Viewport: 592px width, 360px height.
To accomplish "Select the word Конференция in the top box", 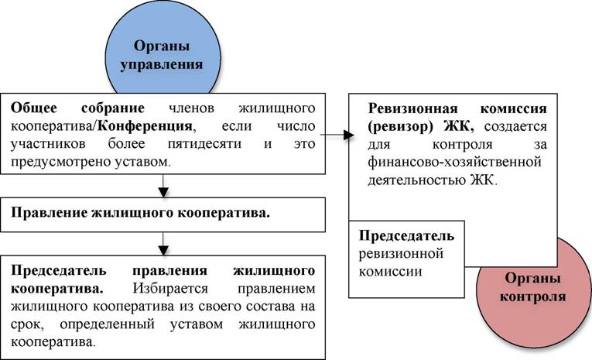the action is (x=145, y=125).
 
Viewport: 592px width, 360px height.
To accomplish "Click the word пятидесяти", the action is (x=204, y=144).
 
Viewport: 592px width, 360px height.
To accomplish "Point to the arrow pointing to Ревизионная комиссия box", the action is (x=337, y=135).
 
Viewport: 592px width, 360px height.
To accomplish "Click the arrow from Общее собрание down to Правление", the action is (x=163, y=186).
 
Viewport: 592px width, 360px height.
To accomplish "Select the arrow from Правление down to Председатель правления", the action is (x=163, y=244).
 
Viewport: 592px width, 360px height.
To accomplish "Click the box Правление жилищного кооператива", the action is (x=163, y=214).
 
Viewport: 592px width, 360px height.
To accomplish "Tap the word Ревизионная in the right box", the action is (x=413, y=109).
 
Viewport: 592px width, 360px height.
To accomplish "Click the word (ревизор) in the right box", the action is (x=400, y=126).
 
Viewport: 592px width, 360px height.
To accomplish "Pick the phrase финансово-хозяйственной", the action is (x=455, y=162).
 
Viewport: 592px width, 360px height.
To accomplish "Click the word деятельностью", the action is (x=417, y=180).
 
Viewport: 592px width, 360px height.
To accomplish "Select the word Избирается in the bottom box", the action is (x=170, y=289).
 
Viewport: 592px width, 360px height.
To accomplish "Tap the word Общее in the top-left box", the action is (x=34, y=108).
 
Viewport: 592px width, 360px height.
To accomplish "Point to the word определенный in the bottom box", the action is (x=108, y=324).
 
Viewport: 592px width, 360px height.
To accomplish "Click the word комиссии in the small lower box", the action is (x=390, y=272).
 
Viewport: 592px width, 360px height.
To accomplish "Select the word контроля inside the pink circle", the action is (x=532, y=297).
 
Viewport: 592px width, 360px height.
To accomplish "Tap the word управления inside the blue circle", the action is (x=162, y=64).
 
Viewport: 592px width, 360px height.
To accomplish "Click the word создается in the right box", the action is (x=515, y=126).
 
